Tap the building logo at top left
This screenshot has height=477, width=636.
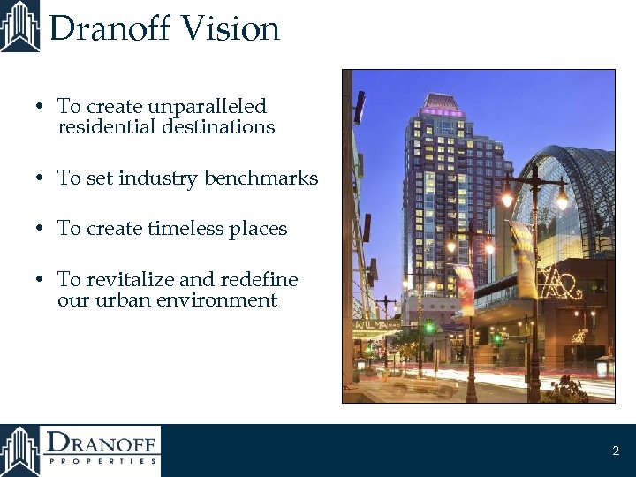tap(19, 26)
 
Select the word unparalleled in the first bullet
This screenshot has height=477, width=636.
tap(207, 107)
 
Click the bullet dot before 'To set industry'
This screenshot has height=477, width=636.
tap(40, 179)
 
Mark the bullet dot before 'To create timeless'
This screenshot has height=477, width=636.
tap(40, 230)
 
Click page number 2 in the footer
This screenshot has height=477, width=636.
tap(616, 451)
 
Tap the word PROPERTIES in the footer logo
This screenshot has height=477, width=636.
tap(103, 460)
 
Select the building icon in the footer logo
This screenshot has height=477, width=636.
tap(19, 450)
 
